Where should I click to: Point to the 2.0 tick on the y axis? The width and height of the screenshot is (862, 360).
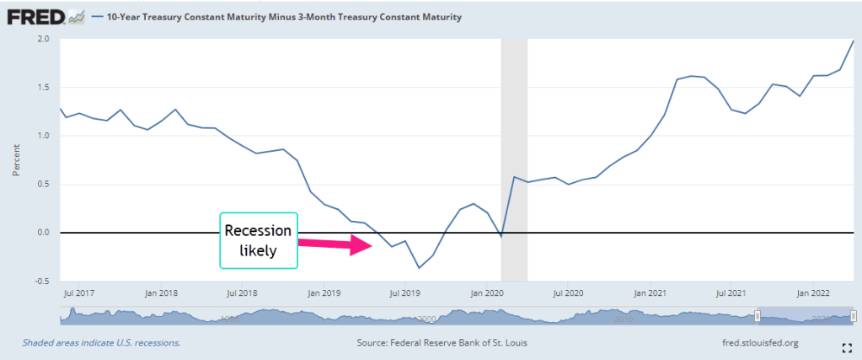[x=43, y=39]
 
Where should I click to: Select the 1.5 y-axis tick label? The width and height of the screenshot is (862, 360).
[x=43, y=87]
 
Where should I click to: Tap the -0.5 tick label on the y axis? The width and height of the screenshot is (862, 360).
[x=42, y=282]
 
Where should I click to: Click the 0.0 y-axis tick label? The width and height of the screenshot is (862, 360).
[x=43, y=233]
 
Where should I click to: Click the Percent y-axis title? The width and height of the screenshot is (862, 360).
[x=15, y=160]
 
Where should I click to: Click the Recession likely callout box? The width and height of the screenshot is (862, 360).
[x=259, y=240]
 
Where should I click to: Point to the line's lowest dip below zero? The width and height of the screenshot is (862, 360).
[x=419, y=268]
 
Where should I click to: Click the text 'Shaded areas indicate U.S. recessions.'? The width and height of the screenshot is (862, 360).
[x=101, y=343]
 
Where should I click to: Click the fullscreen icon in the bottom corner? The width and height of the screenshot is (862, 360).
[x=848, y=348]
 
